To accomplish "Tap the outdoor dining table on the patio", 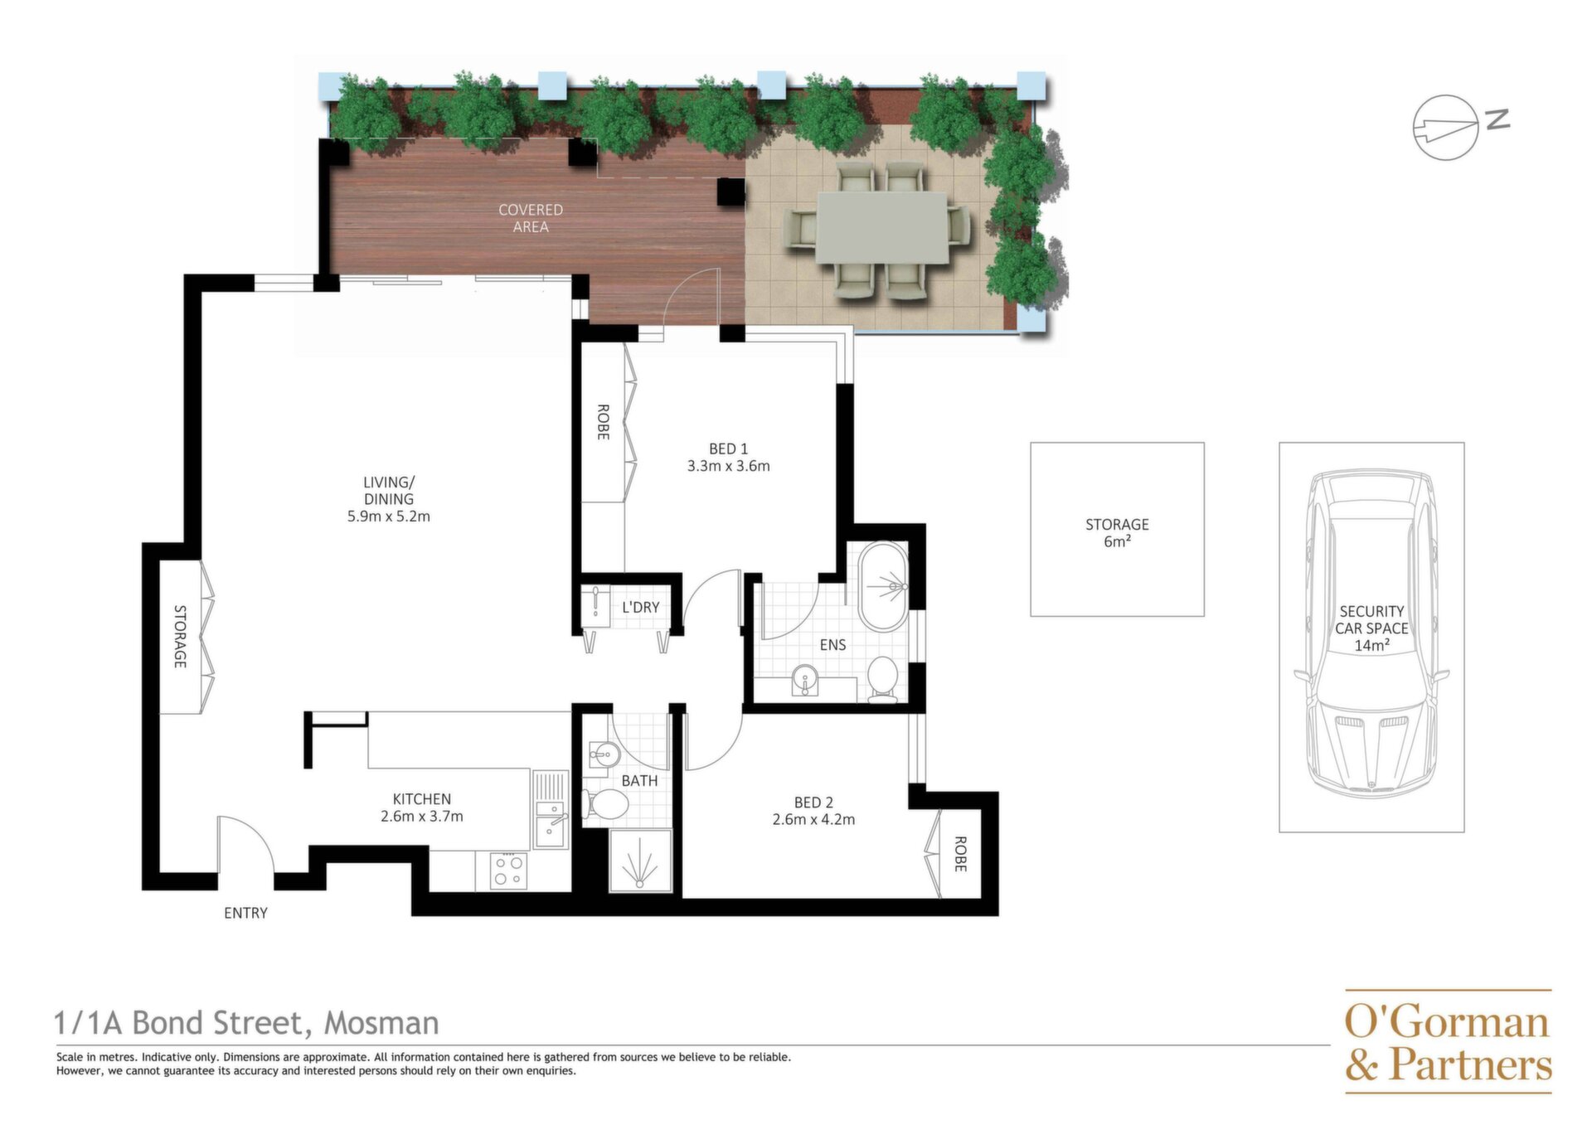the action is point(882,228).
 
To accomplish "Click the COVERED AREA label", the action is point(531,218).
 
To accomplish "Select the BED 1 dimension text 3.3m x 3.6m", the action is point(728,466).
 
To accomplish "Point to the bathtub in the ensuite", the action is point(883,587).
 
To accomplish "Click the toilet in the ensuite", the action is point(883,680).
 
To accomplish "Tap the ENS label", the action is point(832,645).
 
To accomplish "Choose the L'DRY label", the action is point(641,607).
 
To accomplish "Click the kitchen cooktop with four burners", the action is point(508,871).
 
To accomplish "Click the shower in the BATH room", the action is point(640,861).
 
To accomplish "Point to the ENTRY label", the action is point(245,913).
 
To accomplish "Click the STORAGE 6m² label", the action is point(1117,532).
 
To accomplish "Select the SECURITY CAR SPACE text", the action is point(1371,619).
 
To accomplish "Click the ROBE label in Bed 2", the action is point(960,854).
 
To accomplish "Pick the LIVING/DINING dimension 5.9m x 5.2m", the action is point(389,516).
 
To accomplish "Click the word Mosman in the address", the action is point(381,1023).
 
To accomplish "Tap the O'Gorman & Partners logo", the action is point(1448,1042).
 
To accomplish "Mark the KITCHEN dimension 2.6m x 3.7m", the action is point(422,816).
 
